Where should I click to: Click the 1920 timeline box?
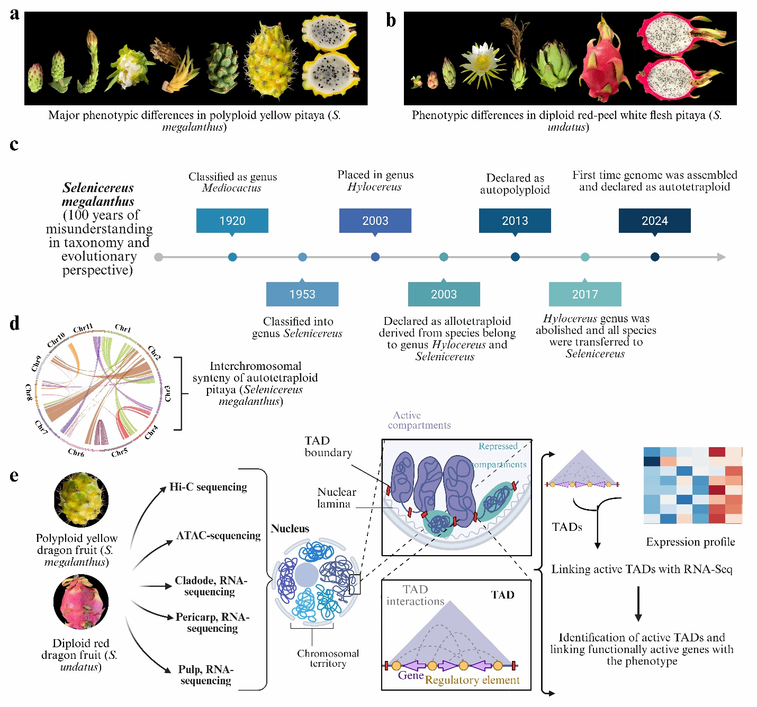232,221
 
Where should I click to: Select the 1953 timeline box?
302,294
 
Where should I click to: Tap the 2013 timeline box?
515,221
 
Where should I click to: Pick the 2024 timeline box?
654,221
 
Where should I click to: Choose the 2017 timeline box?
585,294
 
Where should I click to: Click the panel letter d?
14,323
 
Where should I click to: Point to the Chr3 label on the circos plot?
168,393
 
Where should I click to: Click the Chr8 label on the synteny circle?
29,392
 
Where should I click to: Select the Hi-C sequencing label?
208,487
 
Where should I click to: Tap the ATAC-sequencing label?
219,536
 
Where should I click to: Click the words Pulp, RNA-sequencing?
206,675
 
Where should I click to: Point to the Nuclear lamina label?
336,498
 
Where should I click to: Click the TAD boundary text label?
328,447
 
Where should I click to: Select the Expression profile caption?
690,542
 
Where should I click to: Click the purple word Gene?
411,675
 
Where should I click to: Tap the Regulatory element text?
472,680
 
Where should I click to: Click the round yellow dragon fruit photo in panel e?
81,500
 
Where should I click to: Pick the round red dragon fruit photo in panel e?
81,602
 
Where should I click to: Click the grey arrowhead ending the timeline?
721,257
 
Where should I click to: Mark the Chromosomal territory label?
328,658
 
